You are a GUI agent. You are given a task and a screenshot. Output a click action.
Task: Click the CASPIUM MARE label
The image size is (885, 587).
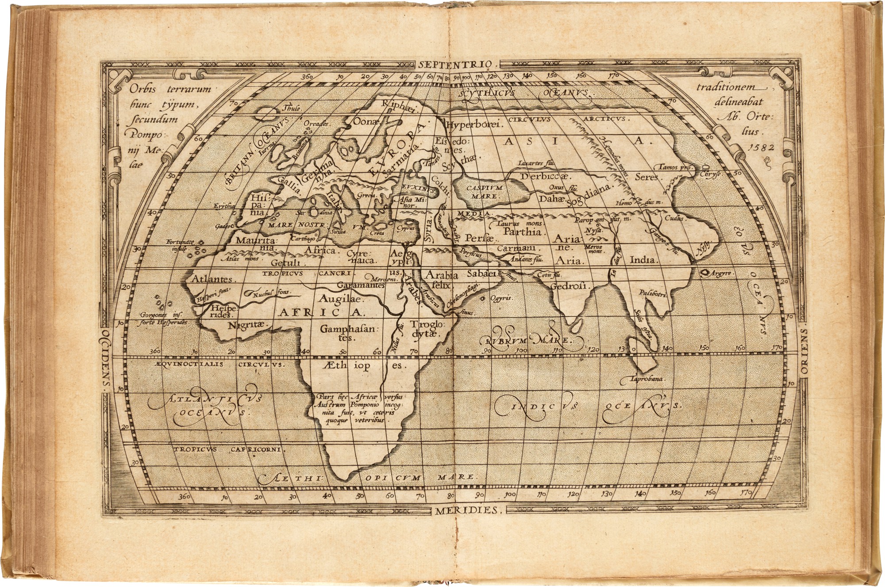pyautogui.click(x=482, y=192)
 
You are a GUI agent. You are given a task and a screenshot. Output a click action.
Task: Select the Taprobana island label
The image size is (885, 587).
pyautogui.click(x=649, y=379)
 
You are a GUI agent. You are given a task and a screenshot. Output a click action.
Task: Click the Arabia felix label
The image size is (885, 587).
pyautogui.click(x=439, y=280)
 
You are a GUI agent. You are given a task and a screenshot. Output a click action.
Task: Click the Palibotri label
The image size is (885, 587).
pyautogui.click(x=653, y=293)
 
